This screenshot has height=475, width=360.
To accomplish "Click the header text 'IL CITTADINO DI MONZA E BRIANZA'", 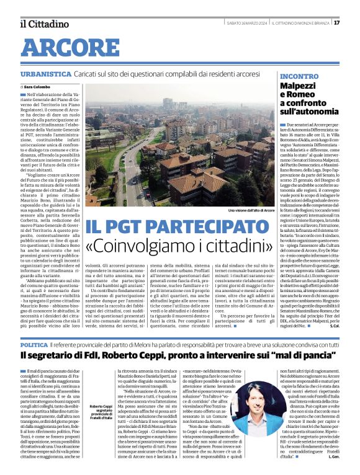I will click(x=295, y=23).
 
